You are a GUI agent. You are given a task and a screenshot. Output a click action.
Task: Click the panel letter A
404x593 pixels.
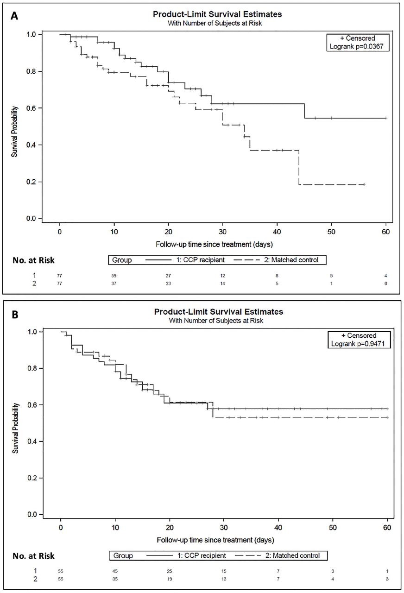click(15, 16)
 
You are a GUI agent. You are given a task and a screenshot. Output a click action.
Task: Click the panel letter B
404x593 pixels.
click(15, 315)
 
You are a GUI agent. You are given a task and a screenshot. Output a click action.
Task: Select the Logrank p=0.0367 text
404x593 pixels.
click(356, 47)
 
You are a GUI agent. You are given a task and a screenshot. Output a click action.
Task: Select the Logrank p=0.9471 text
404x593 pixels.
click(358, 344)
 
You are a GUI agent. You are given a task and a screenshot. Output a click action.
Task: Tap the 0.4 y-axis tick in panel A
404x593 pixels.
click(31, 145)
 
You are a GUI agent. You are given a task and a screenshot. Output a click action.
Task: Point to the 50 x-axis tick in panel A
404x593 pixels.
click(331, 232)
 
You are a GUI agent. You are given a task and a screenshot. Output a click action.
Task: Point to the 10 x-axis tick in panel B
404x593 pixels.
click(115, 527)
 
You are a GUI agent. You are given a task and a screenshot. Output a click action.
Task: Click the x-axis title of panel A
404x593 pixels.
click(214, 244)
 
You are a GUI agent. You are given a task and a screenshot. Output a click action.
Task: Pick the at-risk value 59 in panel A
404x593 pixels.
click(114, 276)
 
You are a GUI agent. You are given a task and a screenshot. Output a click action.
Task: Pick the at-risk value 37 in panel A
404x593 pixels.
click(114, 284)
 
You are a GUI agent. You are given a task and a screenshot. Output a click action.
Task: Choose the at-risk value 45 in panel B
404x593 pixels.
click(115, 571)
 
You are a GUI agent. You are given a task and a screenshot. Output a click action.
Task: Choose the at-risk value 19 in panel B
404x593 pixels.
click(170, 579)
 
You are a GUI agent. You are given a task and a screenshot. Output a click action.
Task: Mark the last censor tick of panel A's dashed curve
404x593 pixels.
click(364, 184)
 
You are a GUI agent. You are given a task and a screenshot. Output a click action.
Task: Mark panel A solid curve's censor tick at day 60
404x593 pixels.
click(386, 118)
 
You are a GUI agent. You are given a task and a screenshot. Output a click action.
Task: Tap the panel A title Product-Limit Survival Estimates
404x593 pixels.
click(217, 14)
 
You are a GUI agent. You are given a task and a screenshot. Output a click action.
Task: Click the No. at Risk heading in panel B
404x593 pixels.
click(34, 555)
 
